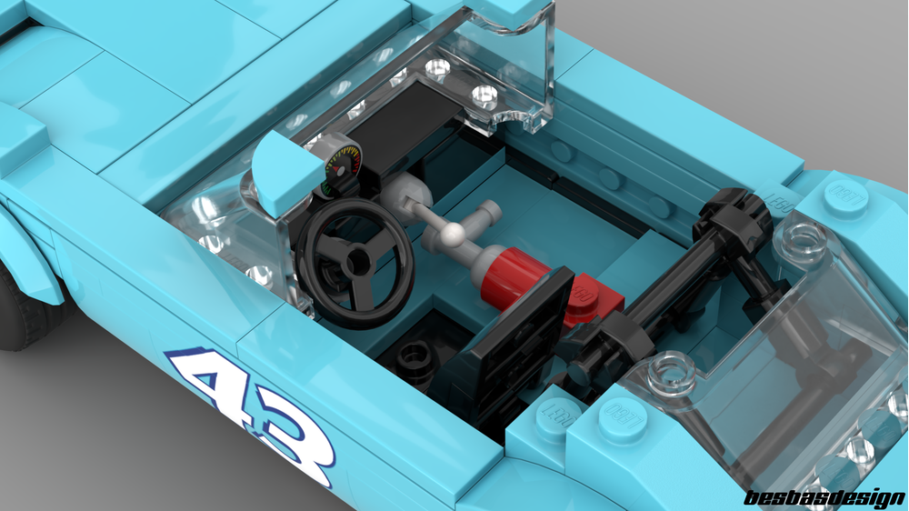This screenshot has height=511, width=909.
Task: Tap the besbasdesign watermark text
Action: tap(824, 497)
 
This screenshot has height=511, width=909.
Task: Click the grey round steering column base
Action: tap(404, 196)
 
